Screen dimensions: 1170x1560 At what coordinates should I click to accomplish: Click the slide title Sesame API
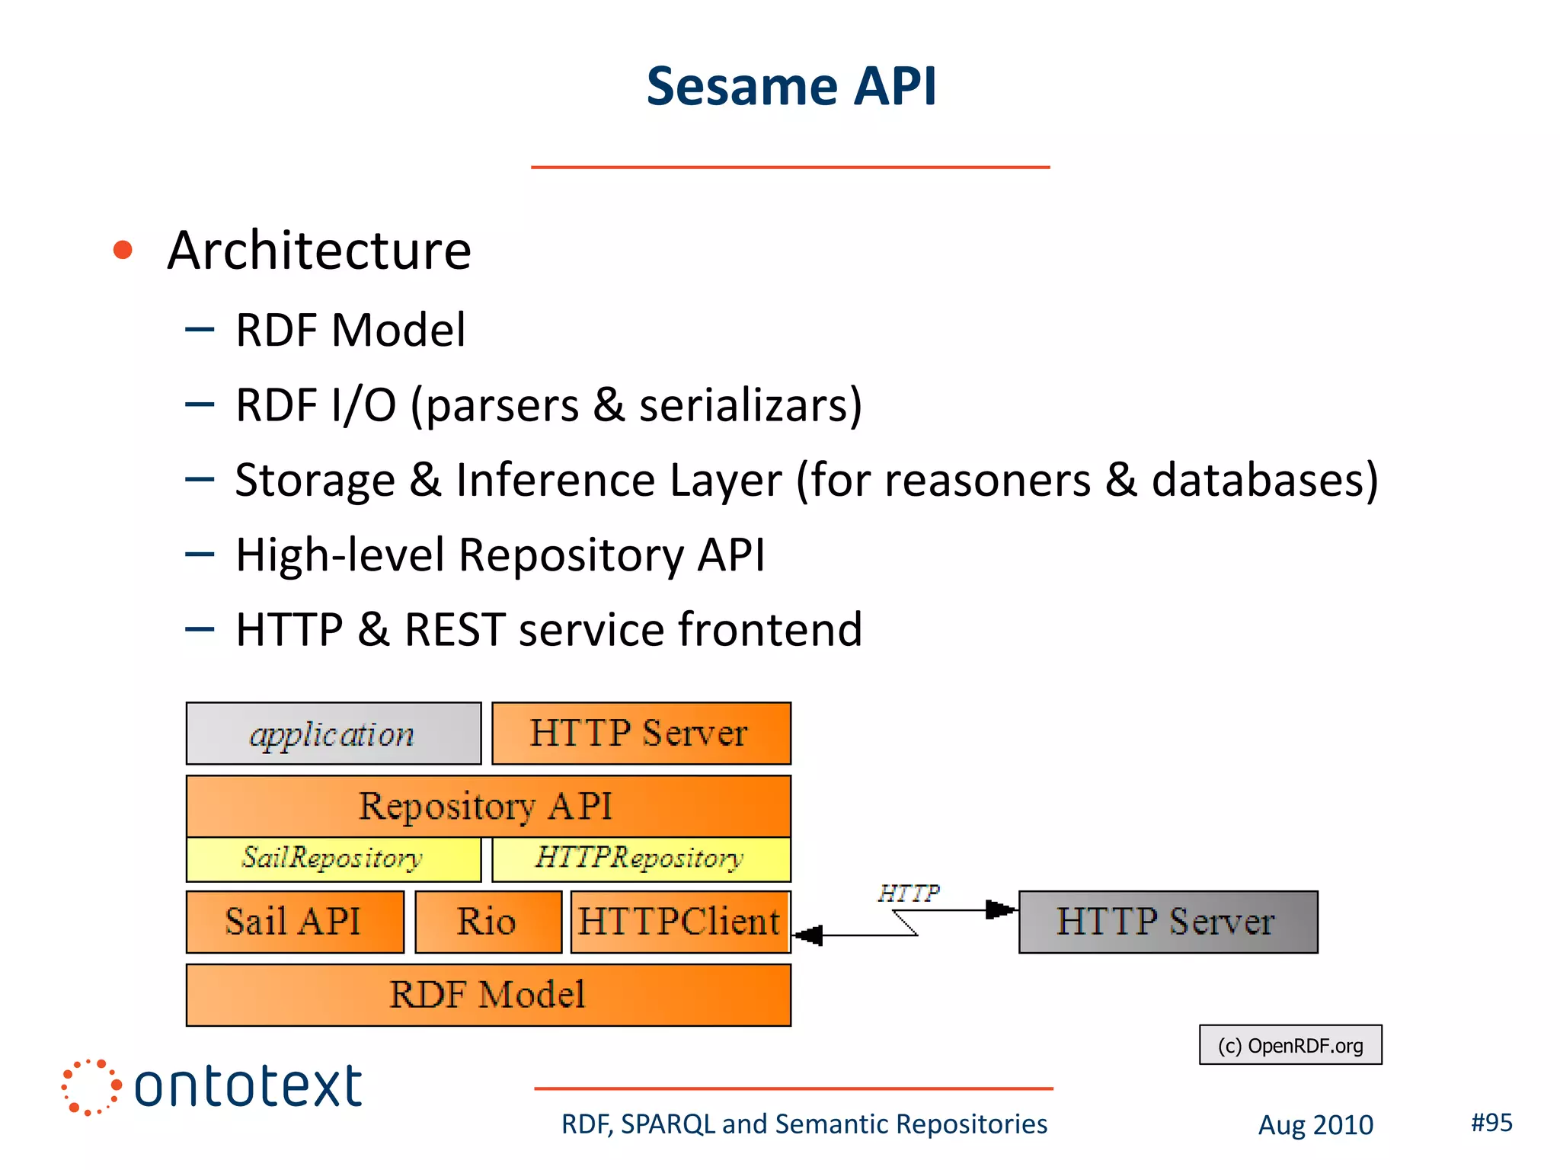pos(791,86)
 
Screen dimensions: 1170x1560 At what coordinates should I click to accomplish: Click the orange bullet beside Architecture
pos(123,250)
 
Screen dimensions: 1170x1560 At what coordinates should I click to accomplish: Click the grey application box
pos(334,734)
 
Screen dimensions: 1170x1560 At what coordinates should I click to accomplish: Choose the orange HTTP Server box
pos(641,734)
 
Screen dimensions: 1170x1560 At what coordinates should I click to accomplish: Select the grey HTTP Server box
pos(1168,922)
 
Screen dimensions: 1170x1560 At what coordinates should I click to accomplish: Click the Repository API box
pos(487,806)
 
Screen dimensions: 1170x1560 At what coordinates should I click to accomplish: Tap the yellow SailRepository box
pos(334,859)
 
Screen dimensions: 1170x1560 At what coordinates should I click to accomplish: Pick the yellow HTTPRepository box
pos(641,859)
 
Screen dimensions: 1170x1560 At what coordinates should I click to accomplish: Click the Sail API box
pos(295,922)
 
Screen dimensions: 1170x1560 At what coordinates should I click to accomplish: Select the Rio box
pos(487,922)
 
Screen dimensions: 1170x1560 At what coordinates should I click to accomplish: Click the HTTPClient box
pos(679,922)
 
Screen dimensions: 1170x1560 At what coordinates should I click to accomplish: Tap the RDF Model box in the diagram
pos(487,995)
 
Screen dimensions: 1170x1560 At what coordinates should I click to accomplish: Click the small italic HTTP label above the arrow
pos(908,893)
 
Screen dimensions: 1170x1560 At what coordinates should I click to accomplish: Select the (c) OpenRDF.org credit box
pos(1290,1045)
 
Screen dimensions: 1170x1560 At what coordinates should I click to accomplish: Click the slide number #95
pos(1491,1122)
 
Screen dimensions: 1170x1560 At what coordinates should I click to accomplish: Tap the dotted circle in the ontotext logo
pos(91,1087)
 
